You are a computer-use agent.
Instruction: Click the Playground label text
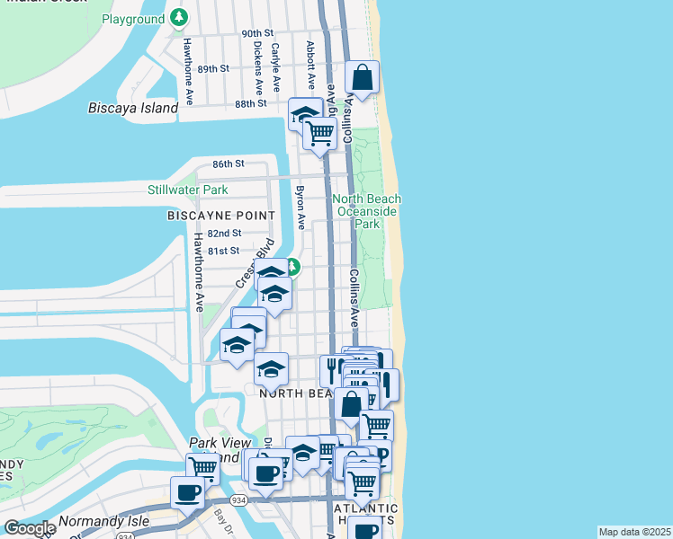132,18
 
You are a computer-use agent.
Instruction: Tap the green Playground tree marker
180,17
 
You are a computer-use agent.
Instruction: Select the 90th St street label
256,33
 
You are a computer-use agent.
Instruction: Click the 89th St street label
213,68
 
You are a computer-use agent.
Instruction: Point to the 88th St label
251,103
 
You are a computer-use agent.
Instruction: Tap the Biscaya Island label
133,108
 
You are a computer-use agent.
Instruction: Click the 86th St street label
229,163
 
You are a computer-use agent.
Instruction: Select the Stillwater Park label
188,190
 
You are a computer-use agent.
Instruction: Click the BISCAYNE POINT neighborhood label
220,216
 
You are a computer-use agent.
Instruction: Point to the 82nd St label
224,233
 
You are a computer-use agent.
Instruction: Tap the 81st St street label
224,251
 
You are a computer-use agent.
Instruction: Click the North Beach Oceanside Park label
366,211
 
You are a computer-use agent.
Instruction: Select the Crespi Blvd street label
254,264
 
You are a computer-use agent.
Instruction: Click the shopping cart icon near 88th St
319,133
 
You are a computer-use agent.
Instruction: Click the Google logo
29,528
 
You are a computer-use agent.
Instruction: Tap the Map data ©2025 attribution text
634,532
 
